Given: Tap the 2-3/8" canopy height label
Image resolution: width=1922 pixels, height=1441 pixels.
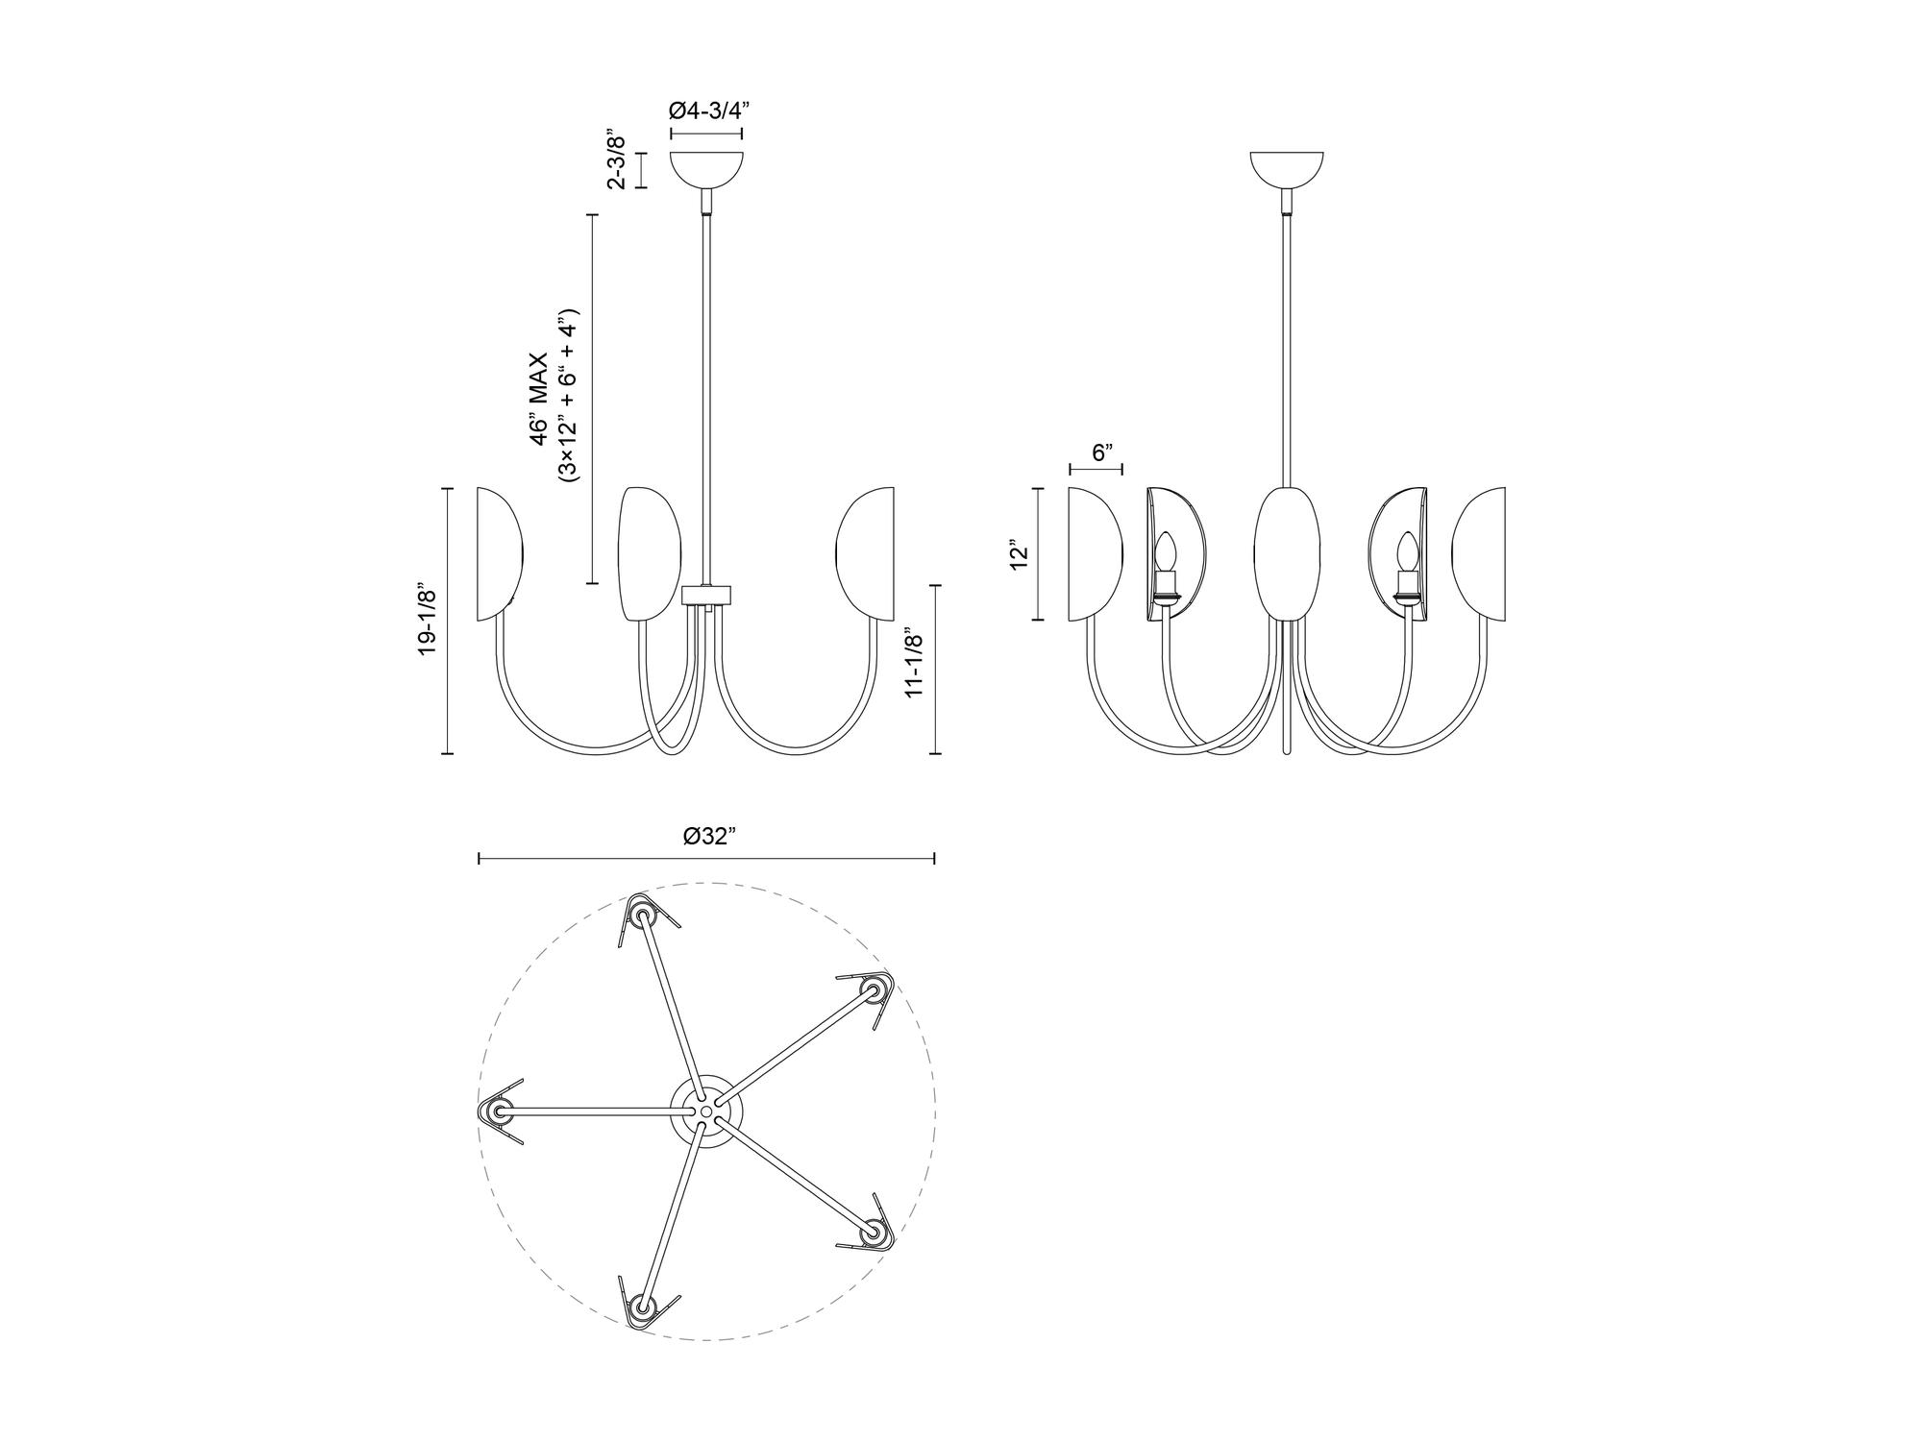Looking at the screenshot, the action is (617, 160).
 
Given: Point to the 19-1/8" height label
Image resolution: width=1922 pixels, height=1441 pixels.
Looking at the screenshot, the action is (428, 621).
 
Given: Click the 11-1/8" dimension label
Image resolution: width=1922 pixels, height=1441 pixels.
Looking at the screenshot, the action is (914, 664).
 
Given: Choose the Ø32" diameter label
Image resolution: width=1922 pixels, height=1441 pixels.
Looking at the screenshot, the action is (710, 837).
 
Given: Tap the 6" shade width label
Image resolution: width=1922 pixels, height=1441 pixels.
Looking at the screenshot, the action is (1102, 451).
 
